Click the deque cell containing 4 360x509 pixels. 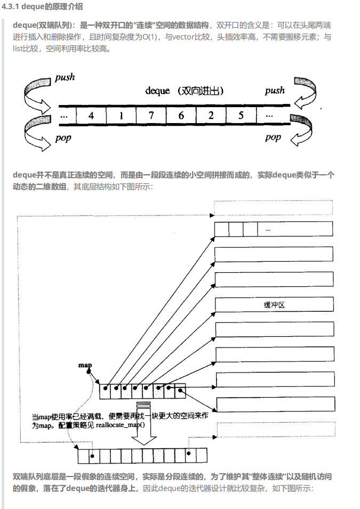point(91,116)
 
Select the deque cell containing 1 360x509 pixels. point(121,116)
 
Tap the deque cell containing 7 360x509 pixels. point(151,116)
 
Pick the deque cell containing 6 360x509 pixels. point(181,116)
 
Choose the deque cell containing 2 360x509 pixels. point(211,116)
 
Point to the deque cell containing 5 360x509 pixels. point(241,116)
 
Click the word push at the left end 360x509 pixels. point(65,78)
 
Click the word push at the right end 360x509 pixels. point(275,91)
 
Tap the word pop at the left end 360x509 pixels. point(63,139)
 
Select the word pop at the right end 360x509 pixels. point(273,138)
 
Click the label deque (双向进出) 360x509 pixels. point(184,91)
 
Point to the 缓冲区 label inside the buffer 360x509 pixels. point(274,304)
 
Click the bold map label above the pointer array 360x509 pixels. point(85,365)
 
